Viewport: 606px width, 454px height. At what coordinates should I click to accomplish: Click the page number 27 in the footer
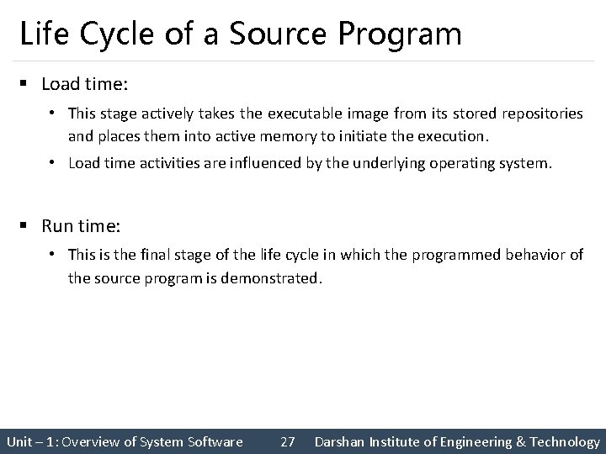[x=287, y=441]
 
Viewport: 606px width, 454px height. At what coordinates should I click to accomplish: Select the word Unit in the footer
[x=19, y=441]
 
